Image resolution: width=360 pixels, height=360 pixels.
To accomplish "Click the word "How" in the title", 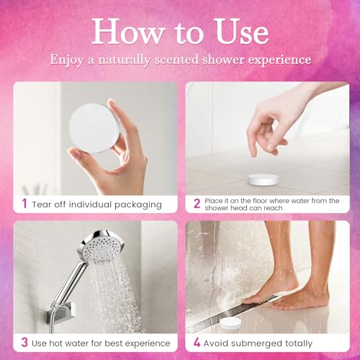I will [122, 31].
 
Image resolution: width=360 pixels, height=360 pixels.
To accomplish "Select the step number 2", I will [197, 204].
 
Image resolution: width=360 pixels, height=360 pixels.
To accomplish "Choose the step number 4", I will [197, 343].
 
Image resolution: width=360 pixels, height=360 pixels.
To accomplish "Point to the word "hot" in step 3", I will [61, 343].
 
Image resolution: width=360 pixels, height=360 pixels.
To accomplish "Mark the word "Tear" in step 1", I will [43, 204].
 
